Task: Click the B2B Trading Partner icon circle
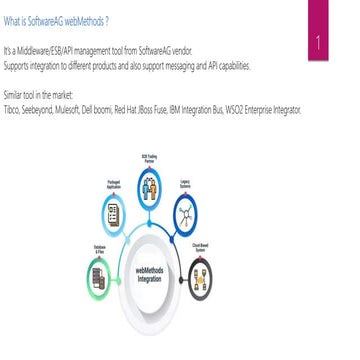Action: (x=149, y=186)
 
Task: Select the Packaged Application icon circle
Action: (x=113, y=211)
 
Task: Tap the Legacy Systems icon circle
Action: (x=185, y=210)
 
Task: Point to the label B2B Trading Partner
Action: (x=149, y=159)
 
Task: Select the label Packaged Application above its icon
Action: (x=113, y=183)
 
